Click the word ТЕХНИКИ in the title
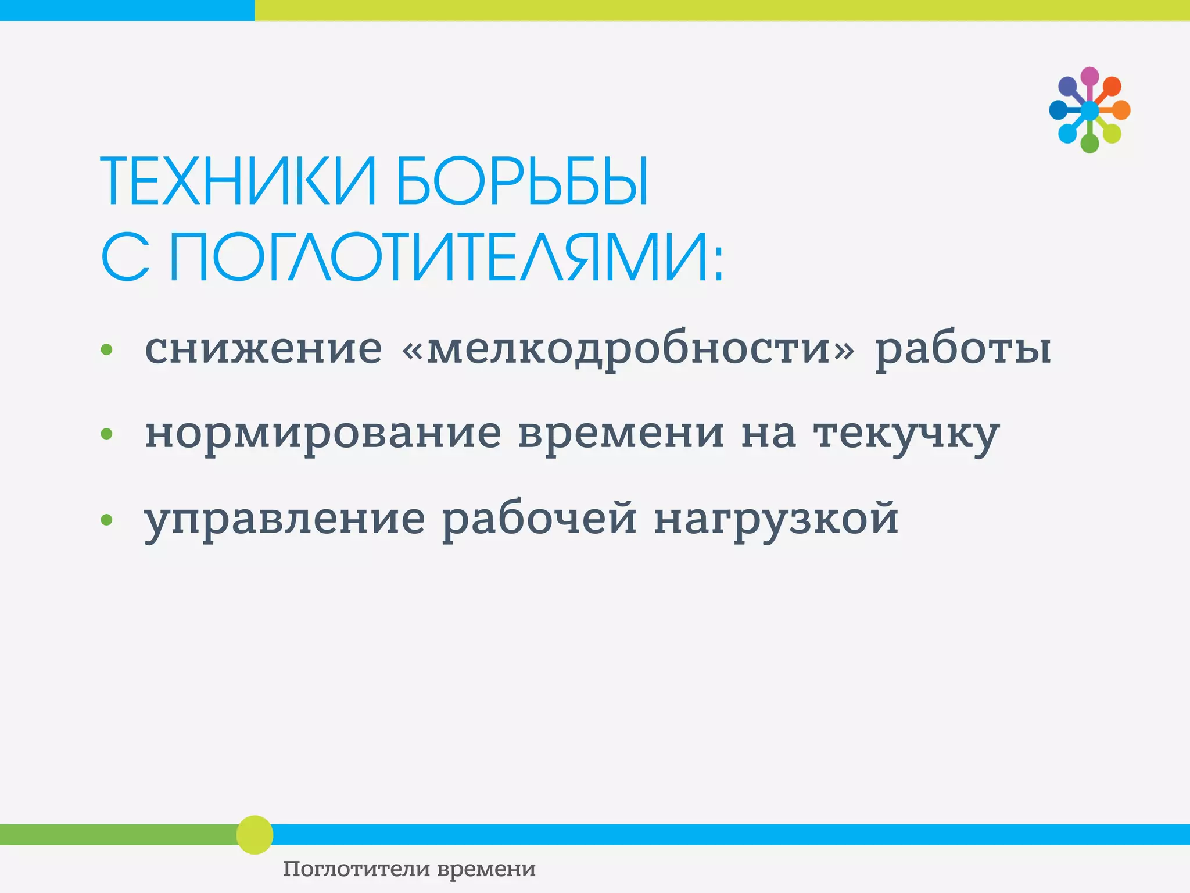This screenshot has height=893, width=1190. (239, 182)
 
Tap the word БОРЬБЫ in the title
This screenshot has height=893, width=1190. (521, 182)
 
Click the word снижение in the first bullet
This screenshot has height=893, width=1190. (263, 349)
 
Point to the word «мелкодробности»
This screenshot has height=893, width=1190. (628, 349)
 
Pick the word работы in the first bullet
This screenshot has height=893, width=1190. (963, 349)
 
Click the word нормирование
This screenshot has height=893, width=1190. (322, 434)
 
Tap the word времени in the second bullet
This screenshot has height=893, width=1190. (621, 433)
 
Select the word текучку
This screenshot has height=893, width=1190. (906, 434)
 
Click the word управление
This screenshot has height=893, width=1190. (285, 519)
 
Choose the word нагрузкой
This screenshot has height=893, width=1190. (776, 519)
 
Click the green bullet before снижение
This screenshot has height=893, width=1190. (106, 349)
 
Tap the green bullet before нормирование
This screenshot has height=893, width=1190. (106, 434)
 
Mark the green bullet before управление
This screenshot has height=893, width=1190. (106, 519)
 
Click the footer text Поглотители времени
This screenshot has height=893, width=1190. (409, 869)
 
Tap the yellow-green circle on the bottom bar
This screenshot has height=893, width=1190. (255, 835)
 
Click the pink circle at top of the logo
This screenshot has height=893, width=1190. (1089, 76)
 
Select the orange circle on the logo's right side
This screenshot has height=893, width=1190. (1121, 110)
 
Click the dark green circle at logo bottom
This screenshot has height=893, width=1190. (1089, 143)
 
